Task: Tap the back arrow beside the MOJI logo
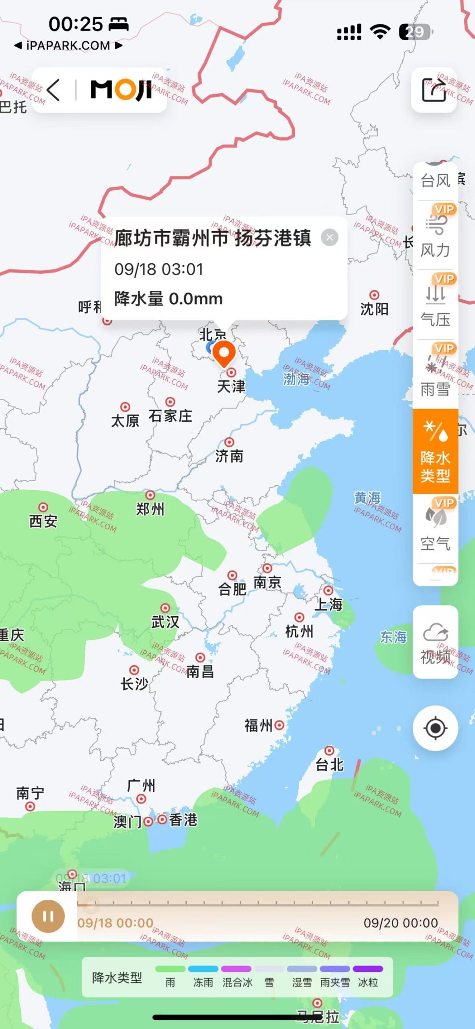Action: point(53,90)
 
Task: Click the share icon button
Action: point(434,90)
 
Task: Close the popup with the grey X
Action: point(329,238)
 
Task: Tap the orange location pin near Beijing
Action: point(224,353)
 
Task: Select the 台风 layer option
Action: point(435,180)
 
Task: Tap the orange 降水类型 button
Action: point(435,451)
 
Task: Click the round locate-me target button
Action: point(435,728)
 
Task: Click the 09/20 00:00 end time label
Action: point(401,923)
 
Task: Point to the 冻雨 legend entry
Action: point(203,982)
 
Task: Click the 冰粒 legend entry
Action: point(368,982)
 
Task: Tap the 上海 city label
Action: point(329,604)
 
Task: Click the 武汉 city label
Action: point(165,622)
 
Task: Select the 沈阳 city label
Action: point(374,309)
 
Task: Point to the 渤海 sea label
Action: point(296,379)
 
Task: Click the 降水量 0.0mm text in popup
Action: point(168,299)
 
